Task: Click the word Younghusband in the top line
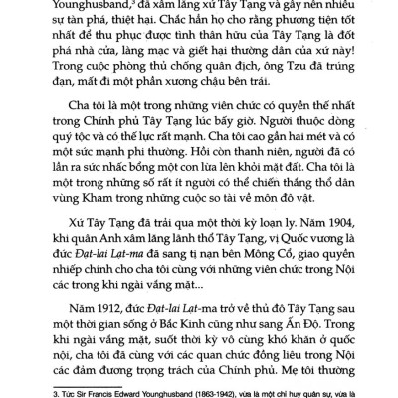click(88, 5)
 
